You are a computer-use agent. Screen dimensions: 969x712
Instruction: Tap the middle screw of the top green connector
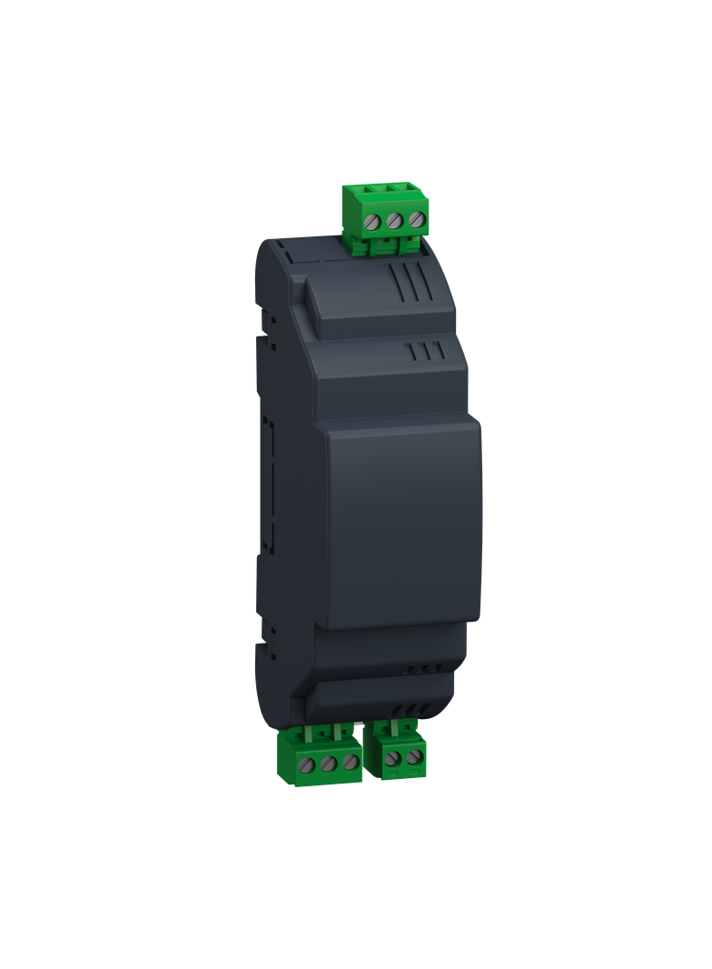point(394,220)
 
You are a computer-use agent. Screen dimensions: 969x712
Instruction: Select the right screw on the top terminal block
point(416,220)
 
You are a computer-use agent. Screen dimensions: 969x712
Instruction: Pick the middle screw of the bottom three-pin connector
point(329,762)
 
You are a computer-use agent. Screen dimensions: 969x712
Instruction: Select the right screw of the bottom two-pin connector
point(413,756)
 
